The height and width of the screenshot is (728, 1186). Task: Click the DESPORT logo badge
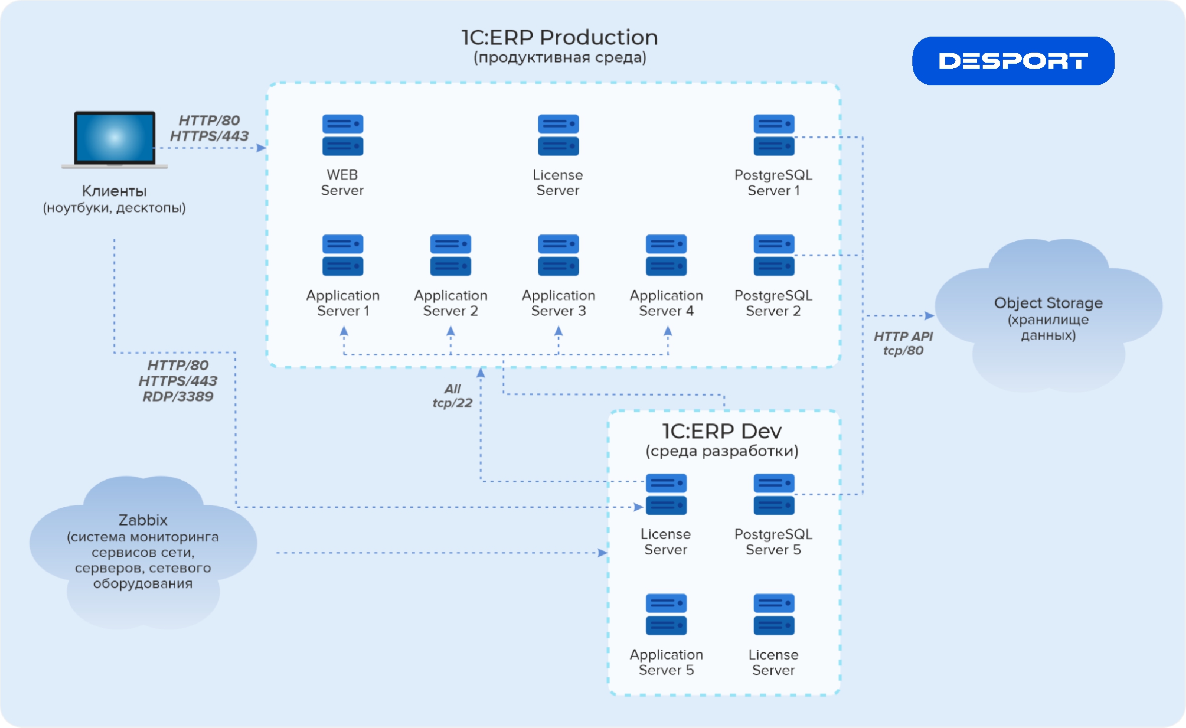coord(1013,61)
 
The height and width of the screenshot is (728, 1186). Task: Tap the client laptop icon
coord(114,138)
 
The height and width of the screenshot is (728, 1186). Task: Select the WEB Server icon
coord(342,135)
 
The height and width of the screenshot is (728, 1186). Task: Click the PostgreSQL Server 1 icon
coord(773,135)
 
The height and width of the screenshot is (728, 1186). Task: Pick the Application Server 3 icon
coord(558,255)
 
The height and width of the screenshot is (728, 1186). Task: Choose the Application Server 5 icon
coord(666,614)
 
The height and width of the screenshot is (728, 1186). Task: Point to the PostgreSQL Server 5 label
coord(773,542)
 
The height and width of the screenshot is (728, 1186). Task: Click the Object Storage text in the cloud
coord(1048,303)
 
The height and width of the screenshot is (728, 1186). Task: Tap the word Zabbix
coord(143,520)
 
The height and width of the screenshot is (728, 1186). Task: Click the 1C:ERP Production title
coord(559,38)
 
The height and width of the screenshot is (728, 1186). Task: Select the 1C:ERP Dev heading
coord(722,431)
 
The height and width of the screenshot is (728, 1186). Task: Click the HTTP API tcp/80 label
coord(903,343)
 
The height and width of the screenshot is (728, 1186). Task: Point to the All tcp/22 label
coord(452,396)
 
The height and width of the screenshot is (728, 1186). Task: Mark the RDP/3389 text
coord(178,396)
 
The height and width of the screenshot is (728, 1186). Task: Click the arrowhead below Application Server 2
coord(450,331)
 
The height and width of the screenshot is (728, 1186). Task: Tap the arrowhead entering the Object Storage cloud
coord(929,316)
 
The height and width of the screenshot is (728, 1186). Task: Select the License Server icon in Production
coord(558,135)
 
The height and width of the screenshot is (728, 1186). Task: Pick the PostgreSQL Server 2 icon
coord(773,255)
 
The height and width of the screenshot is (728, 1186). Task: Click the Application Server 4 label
coord(666,303)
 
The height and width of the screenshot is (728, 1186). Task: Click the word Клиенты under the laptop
coord(114,191)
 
